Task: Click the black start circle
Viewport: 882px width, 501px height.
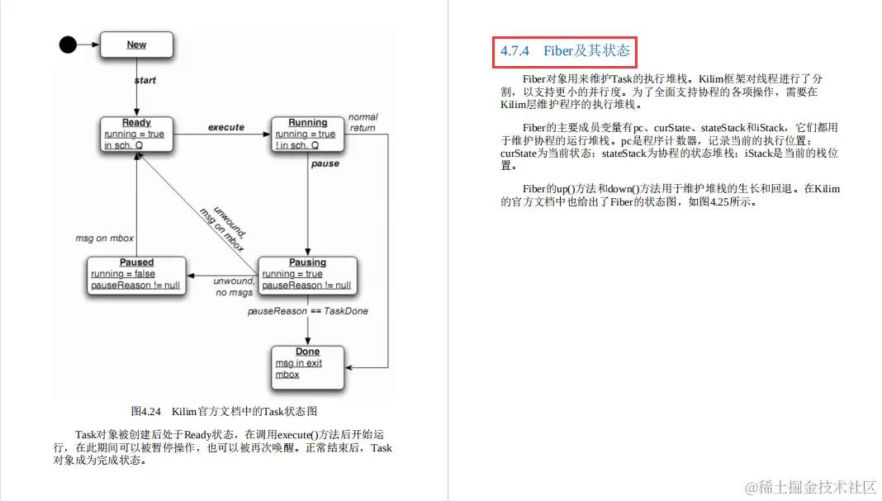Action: click(x=68, y=45)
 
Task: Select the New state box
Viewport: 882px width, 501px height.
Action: click(x=136, y=45)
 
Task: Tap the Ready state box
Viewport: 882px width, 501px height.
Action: click(x=136, y=135)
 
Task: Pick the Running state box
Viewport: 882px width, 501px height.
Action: click(x=307, y=135)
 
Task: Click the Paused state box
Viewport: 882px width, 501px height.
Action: click(x=136, y=274)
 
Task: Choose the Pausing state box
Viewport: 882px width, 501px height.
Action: click(x=307, y=274)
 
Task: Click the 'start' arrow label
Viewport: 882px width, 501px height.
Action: click(x=145, y=81)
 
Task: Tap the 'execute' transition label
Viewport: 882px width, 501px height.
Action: click(x=225, y=127)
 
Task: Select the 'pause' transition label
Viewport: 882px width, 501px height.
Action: click(x=325, y=164)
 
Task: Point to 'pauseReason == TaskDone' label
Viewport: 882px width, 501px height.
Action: click(x=308, y=311)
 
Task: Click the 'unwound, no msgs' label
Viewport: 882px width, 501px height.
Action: click(x=233, y=286)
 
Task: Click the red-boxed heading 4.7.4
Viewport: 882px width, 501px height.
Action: click(x=564, y=51)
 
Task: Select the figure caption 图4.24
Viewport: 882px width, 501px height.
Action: click(x=224, y=411)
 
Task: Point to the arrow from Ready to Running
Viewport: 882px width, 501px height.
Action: click(x=223, y=135)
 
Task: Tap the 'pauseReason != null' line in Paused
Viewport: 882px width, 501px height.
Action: click(x=136, y=286)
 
